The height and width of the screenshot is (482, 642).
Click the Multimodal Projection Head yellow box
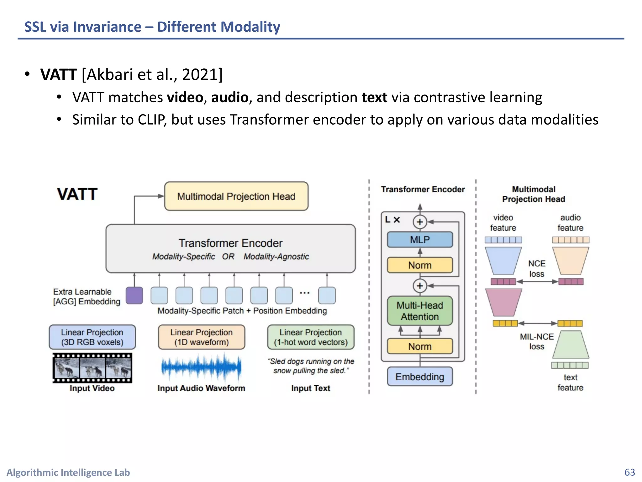coord(236,196)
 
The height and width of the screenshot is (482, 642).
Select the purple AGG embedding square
coord(134,295)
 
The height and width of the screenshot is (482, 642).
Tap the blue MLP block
coord(420,240)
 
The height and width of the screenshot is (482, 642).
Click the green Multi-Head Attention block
coord(420,311)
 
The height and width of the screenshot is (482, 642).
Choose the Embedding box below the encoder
coord(420,377)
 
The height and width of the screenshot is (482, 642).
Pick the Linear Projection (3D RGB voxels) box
coord(92,337)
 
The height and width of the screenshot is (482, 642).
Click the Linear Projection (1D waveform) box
coord(201,337)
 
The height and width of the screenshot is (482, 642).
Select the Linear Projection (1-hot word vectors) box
coord(311,337)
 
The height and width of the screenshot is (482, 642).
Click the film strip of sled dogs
coord(92,368)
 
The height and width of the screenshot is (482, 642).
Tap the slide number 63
coord(629,472)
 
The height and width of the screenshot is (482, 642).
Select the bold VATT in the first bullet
coord(59,74)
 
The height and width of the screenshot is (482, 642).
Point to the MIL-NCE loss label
coord(537,341)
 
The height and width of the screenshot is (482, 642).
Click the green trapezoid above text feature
coord(571,345)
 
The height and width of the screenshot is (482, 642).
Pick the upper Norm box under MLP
coord(420,265)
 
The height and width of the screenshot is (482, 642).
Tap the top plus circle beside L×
coord(420,222)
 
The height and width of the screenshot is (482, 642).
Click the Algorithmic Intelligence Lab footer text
coord(68,472)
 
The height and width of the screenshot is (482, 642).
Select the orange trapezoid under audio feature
coord(571,260)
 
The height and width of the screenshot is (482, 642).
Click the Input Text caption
coord(311,388)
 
